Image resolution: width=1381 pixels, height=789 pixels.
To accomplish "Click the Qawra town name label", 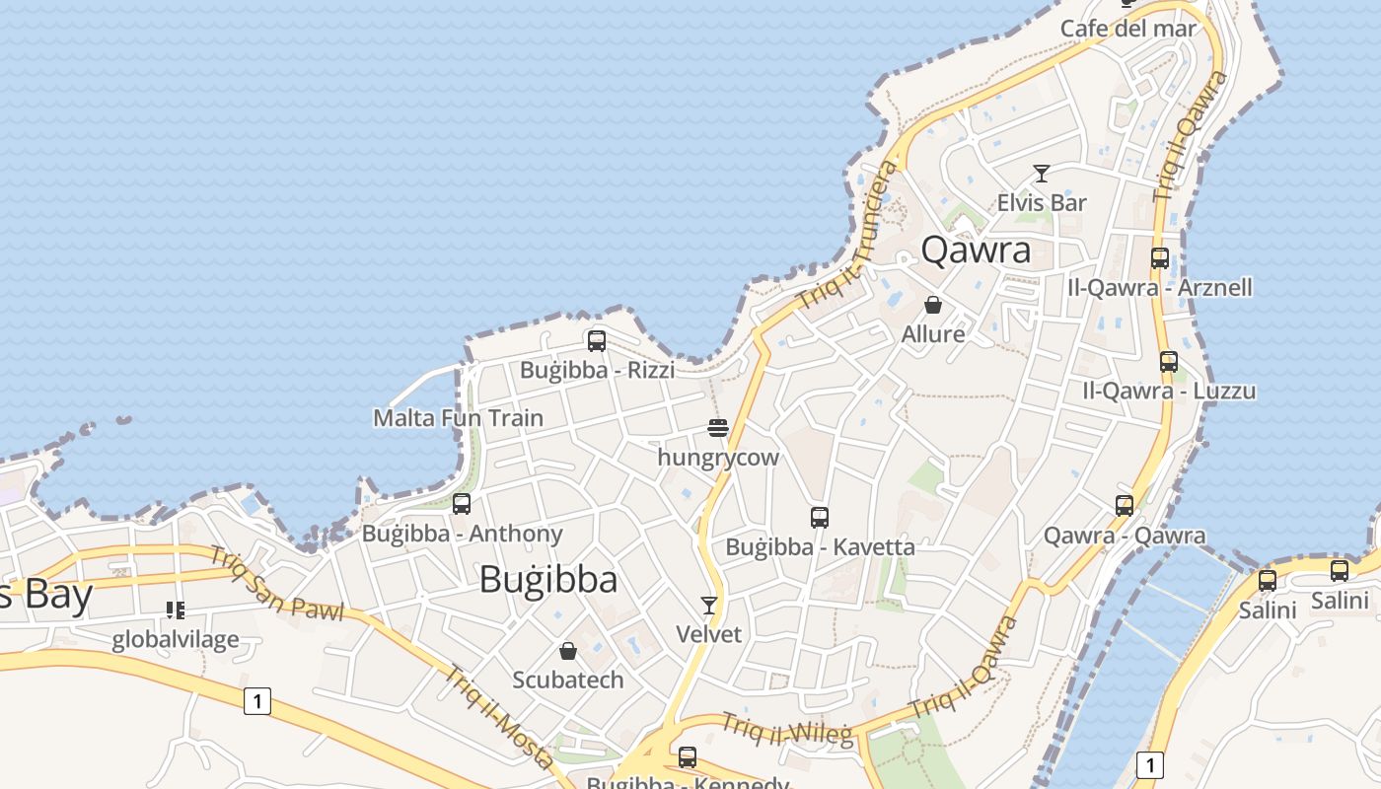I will click(x=976, y=250).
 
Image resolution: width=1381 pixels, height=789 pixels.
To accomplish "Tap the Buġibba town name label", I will click(x=548, y=579).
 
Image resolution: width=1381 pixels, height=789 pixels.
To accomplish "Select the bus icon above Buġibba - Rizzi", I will click(x=597, y=341).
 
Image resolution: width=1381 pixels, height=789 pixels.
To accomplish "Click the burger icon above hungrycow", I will click(x=718, y=428).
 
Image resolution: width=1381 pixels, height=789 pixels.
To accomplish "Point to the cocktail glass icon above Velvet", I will click(x=708, y=605).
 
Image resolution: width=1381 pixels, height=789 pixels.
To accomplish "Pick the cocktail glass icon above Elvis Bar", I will click(x=1041, y=174).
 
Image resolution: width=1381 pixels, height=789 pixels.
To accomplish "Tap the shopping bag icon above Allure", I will click(x=933, y=305).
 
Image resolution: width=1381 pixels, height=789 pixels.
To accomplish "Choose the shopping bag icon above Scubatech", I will click(x=568, y=651).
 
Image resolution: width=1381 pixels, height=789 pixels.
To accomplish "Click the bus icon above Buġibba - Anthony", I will click(x=461, y=504).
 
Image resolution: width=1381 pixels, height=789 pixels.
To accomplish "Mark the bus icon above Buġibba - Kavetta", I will click(x=819, y=517).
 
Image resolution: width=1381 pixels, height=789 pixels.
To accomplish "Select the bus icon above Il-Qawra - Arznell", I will click(x=1160, y=258).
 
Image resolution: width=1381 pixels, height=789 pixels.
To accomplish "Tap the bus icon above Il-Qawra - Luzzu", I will click(x=1169, y=362).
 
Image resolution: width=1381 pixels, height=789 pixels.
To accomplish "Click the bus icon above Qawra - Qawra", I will click(x=1125, y=506).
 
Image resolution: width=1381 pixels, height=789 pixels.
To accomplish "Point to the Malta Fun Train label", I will click(x=458, y=418).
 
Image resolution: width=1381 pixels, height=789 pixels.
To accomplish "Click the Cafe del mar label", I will click(x=1127, y=29).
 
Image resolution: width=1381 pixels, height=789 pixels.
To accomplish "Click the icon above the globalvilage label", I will click(x=176, y=610).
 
